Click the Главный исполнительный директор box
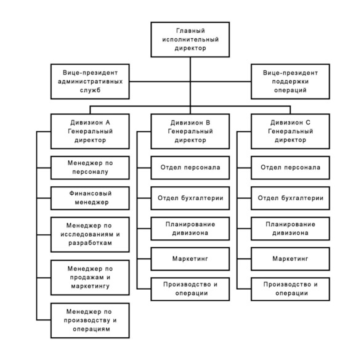[190, 39]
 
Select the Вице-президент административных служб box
[90, 81]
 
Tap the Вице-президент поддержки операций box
[290, 81]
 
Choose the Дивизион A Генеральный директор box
[90, 131]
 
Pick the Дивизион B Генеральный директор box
[190, 131]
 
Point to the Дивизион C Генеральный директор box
[290, 131]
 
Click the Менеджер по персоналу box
[90, 168]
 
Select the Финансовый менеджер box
[90, 198]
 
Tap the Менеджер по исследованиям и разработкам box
[90, 234]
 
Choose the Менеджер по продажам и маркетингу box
[90, 277]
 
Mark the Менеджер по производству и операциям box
[90, 321]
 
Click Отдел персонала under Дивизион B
[190, 168]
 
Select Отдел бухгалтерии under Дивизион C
[290, 198]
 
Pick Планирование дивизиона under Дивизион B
[190, 229]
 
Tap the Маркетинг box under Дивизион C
[290, 259]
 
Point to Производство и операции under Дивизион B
[190, 289]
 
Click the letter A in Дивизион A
[108, 123]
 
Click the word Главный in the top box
[190, 31]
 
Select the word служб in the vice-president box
[90, 90]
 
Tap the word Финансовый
[91, 194]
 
